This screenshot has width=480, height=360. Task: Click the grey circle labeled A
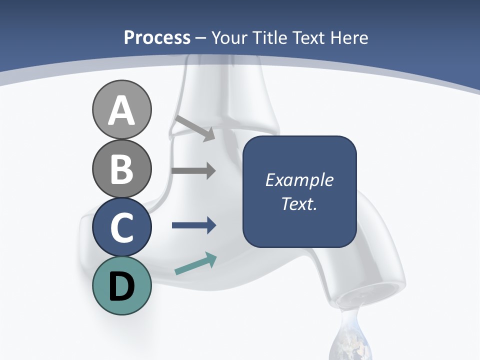(x=121, y=109)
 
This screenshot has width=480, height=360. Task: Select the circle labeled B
(x=121, y=168)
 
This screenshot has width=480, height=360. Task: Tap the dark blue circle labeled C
(x=121, y=227)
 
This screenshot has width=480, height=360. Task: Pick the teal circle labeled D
(x=121, y=285)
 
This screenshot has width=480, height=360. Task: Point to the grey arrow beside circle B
(x=193, y=171)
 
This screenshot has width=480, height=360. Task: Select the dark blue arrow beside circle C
(x=193, y=225)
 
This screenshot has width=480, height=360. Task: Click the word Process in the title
(x=157, y=37)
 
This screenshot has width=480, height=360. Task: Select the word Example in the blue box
(x=299, y=180)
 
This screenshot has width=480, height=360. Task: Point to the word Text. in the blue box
(x=299, y=204)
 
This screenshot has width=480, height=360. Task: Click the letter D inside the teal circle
(x=121, y=286)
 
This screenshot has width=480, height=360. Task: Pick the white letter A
(x=121, y=110)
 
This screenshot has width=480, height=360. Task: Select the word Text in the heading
(x=308, y=37)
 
